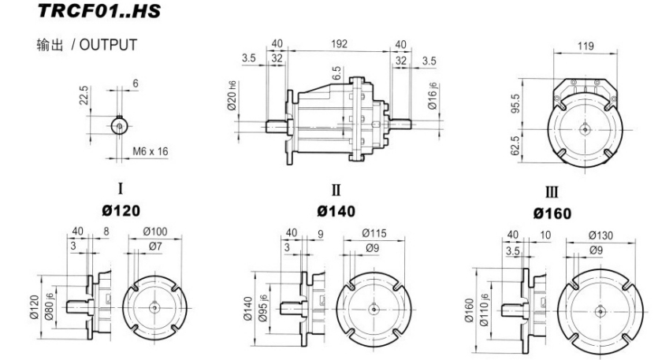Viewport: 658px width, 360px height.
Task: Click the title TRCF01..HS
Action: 99,10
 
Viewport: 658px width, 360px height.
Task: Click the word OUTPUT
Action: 108,45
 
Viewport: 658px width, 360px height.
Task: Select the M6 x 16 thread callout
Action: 151,151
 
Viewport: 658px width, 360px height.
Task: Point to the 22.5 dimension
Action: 84,95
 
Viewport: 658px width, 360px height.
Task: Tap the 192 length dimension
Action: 339,43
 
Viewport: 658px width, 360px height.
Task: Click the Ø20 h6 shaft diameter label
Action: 232,95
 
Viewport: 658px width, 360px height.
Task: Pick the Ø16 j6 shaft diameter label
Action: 433,96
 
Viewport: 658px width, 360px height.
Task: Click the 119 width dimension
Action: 586,46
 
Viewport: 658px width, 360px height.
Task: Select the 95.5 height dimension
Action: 515,103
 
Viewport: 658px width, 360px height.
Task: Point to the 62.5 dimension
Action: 515,146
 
